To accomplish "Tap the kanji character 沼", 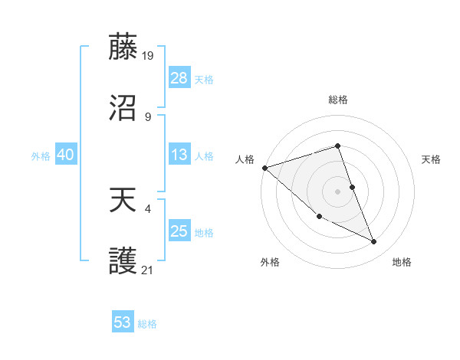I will coord(123,109).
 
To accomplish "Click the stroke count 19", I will coord(148,55).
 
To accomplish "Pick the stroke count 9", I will coord(148,116).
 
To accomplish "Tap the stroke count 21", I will coord(148,270).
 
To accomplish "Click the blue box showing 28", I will coord(179,78).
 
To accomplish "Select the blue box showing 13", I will coord(179,155).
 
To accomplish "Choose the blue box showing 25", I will coord(179,231).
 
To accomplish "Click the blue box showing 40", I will coord(66,155).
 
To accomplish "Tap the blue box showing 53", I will coord(123,322).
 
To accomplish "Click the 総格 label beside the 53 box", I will coord(147,324).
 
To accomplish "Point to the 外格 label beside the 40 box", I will coord(41,156).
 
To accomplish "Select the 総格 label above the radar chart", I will coord(338,100).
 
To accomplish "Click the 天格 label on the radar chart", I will coord(432,159).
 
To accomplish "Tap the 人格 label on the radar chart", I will coord(245,159).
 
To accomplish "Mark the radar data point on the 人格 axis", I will coord(264,168).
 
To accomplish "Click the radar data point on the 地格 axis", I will coord(374,242).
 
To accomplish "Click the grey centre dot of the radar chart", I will coord(338,191).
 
